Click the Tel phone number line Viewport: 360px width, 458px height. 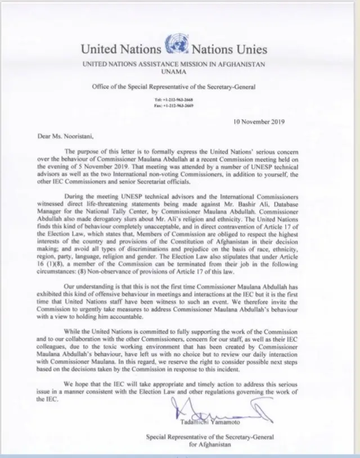[x=174, y=99]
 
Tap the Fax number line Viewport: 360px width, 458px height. [x=174, y=105]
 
